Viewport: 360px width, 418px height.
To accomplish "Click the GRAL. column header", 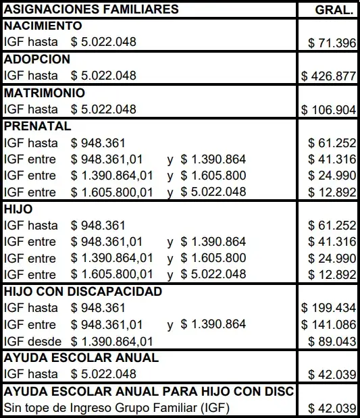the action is (333, 9).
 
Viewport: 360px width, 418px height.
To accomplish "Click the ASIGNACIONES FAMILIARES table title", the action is (91, 9).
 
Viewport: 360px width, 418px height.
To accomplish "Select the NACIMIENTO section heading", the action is (43, 26).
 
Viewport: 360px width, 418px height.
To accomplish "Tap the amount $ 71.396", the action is (332, 43).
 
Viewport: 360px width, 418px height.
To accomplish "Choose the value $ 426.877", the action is (329, 76).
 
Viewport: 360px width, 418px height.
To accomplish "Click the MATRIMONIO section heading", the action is (45, 93).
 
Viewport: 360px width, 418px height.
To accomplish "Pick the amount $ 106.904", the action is (329, 109).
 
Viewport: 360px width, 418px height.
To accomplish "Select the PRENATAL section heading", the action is (38, 126).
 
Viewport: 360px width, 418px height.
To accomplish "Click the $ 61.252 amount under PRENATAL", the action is (332, 142).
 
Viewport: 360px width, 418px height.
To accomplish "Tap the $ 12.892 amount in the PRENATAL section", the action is (332, 192).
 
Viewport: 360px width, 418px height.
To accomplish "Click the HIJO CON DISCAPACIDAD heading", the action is (83, 291).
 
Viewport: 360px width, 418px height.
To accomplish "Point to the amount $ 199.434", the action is (329, 308).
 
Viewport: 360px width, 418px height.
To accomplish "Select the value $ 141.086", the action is (329, 324).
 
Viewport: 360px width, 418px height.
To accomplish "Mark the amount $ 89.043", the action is (332, 341).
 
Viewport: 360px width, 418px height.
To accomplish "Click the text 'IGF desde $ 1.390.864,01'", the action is (79, 341).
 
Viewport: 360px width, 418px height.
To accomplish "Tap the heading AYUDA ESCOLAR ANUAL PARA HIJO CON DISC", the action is (149, 391).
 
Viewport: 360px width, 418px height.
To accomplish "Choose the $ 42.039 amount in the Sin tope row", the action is (332, 408).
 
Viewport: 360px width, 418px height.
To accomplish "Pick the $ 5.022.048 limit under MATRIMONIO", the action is (103, 109).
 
